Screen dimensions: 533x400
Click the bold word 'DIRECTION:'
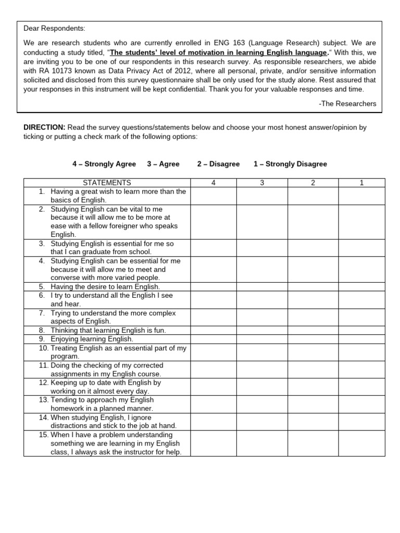pos(44,127)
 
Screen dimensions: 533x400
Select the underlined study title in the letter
pos(219,53)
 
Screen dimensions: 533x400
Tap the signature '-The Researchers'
pos(347,104)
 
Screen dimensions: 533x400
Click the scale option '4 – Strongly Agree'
pos(104,164)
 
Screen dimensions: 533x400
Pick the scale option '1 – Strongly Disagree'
pos(290,164)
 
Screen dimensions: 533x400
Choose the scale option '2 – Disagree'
pos(218,164)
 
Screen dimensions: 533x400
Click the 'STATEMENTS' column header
pos(107,183)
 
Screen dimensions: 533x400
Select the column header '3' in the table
pos(262,183)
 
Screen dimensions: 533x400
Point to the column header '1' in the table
pos(361,183)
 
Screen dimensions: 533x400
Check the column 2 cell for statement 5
pos(313,287)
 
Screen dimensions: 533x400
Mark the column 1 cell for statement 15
pos(361,443)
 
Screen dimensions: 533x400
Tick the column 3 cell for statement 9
pos(262,339)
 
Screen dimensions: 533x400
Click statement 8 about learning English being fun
pos(108,331)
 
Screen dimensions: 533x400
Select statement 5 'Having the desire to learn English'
pos(105,287)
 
